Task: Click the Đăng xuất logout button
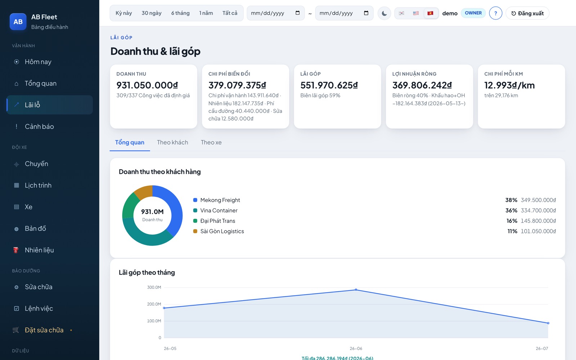click(527, 13)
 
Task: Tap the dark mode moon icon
click(384, 13)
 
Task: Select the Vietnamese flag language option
click(430, 13)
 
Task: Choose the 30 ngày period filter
click(152, 13)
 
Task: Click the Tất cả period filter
click(230, 13)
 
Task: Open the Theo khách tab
click(172, 142)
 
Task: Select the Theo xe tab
click(211, 142)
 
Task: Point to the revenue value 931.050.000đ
click(147, 85)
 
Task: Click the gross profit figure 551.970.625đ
click(329, 85)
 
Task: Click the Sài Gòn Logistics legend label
click(222, 231)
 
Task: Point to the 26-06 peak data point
click(356, 289)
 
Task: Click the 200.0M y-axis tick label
click(154, 304)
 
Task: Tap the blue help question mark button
click(495, 13)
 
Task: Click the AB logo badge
click(18, 22)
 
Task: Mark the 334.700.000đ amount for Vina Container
click(538, 210)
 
